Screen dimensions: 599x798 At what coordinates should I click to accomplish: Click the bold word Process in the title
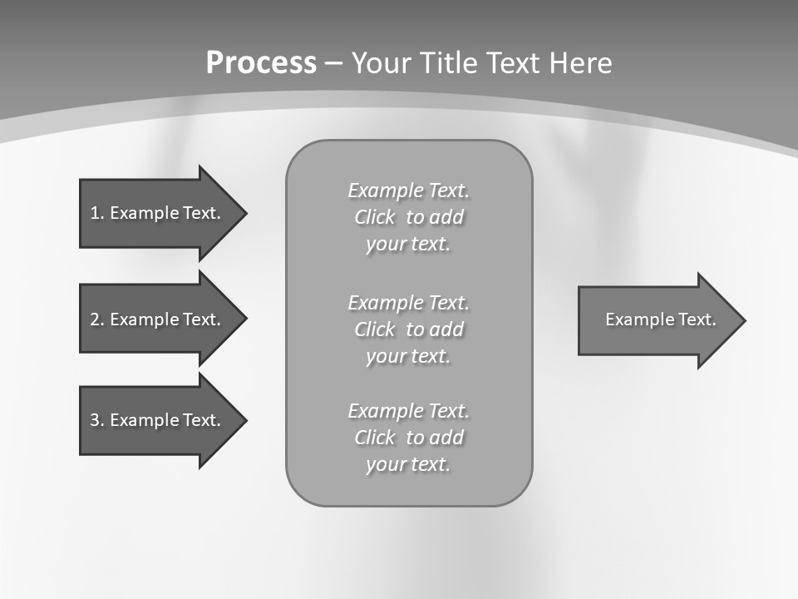pos(261,63)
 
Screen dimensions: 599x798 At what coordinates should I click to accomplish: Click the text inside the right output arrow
pos(660,319)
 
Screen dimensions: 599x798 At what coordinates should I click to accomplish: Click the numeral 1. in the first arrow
pos(96,213)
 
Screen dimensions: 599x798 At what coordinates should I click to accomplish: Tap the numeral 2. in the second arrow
pos(96,319)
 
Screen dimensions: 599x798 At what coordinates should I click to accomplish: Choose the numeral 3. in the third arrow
pos(96,420)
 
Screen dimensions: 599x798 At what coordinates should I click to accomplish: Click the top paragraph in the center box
pos(408,217)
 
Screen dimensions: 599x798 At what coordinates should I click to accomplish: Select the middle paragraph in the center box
pos(408,329)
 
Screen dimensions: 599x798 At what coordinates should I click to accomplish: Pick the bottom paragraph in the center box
pos(408,438)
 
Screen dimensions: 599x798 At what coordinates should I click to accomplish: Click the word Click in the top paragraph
pos(375,218)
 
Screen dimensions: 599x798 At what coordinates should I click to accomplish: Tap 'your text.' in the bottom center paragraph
pos(408,464)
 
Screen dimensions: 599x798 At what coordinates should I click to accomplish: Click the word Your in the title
pos(383,63)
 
